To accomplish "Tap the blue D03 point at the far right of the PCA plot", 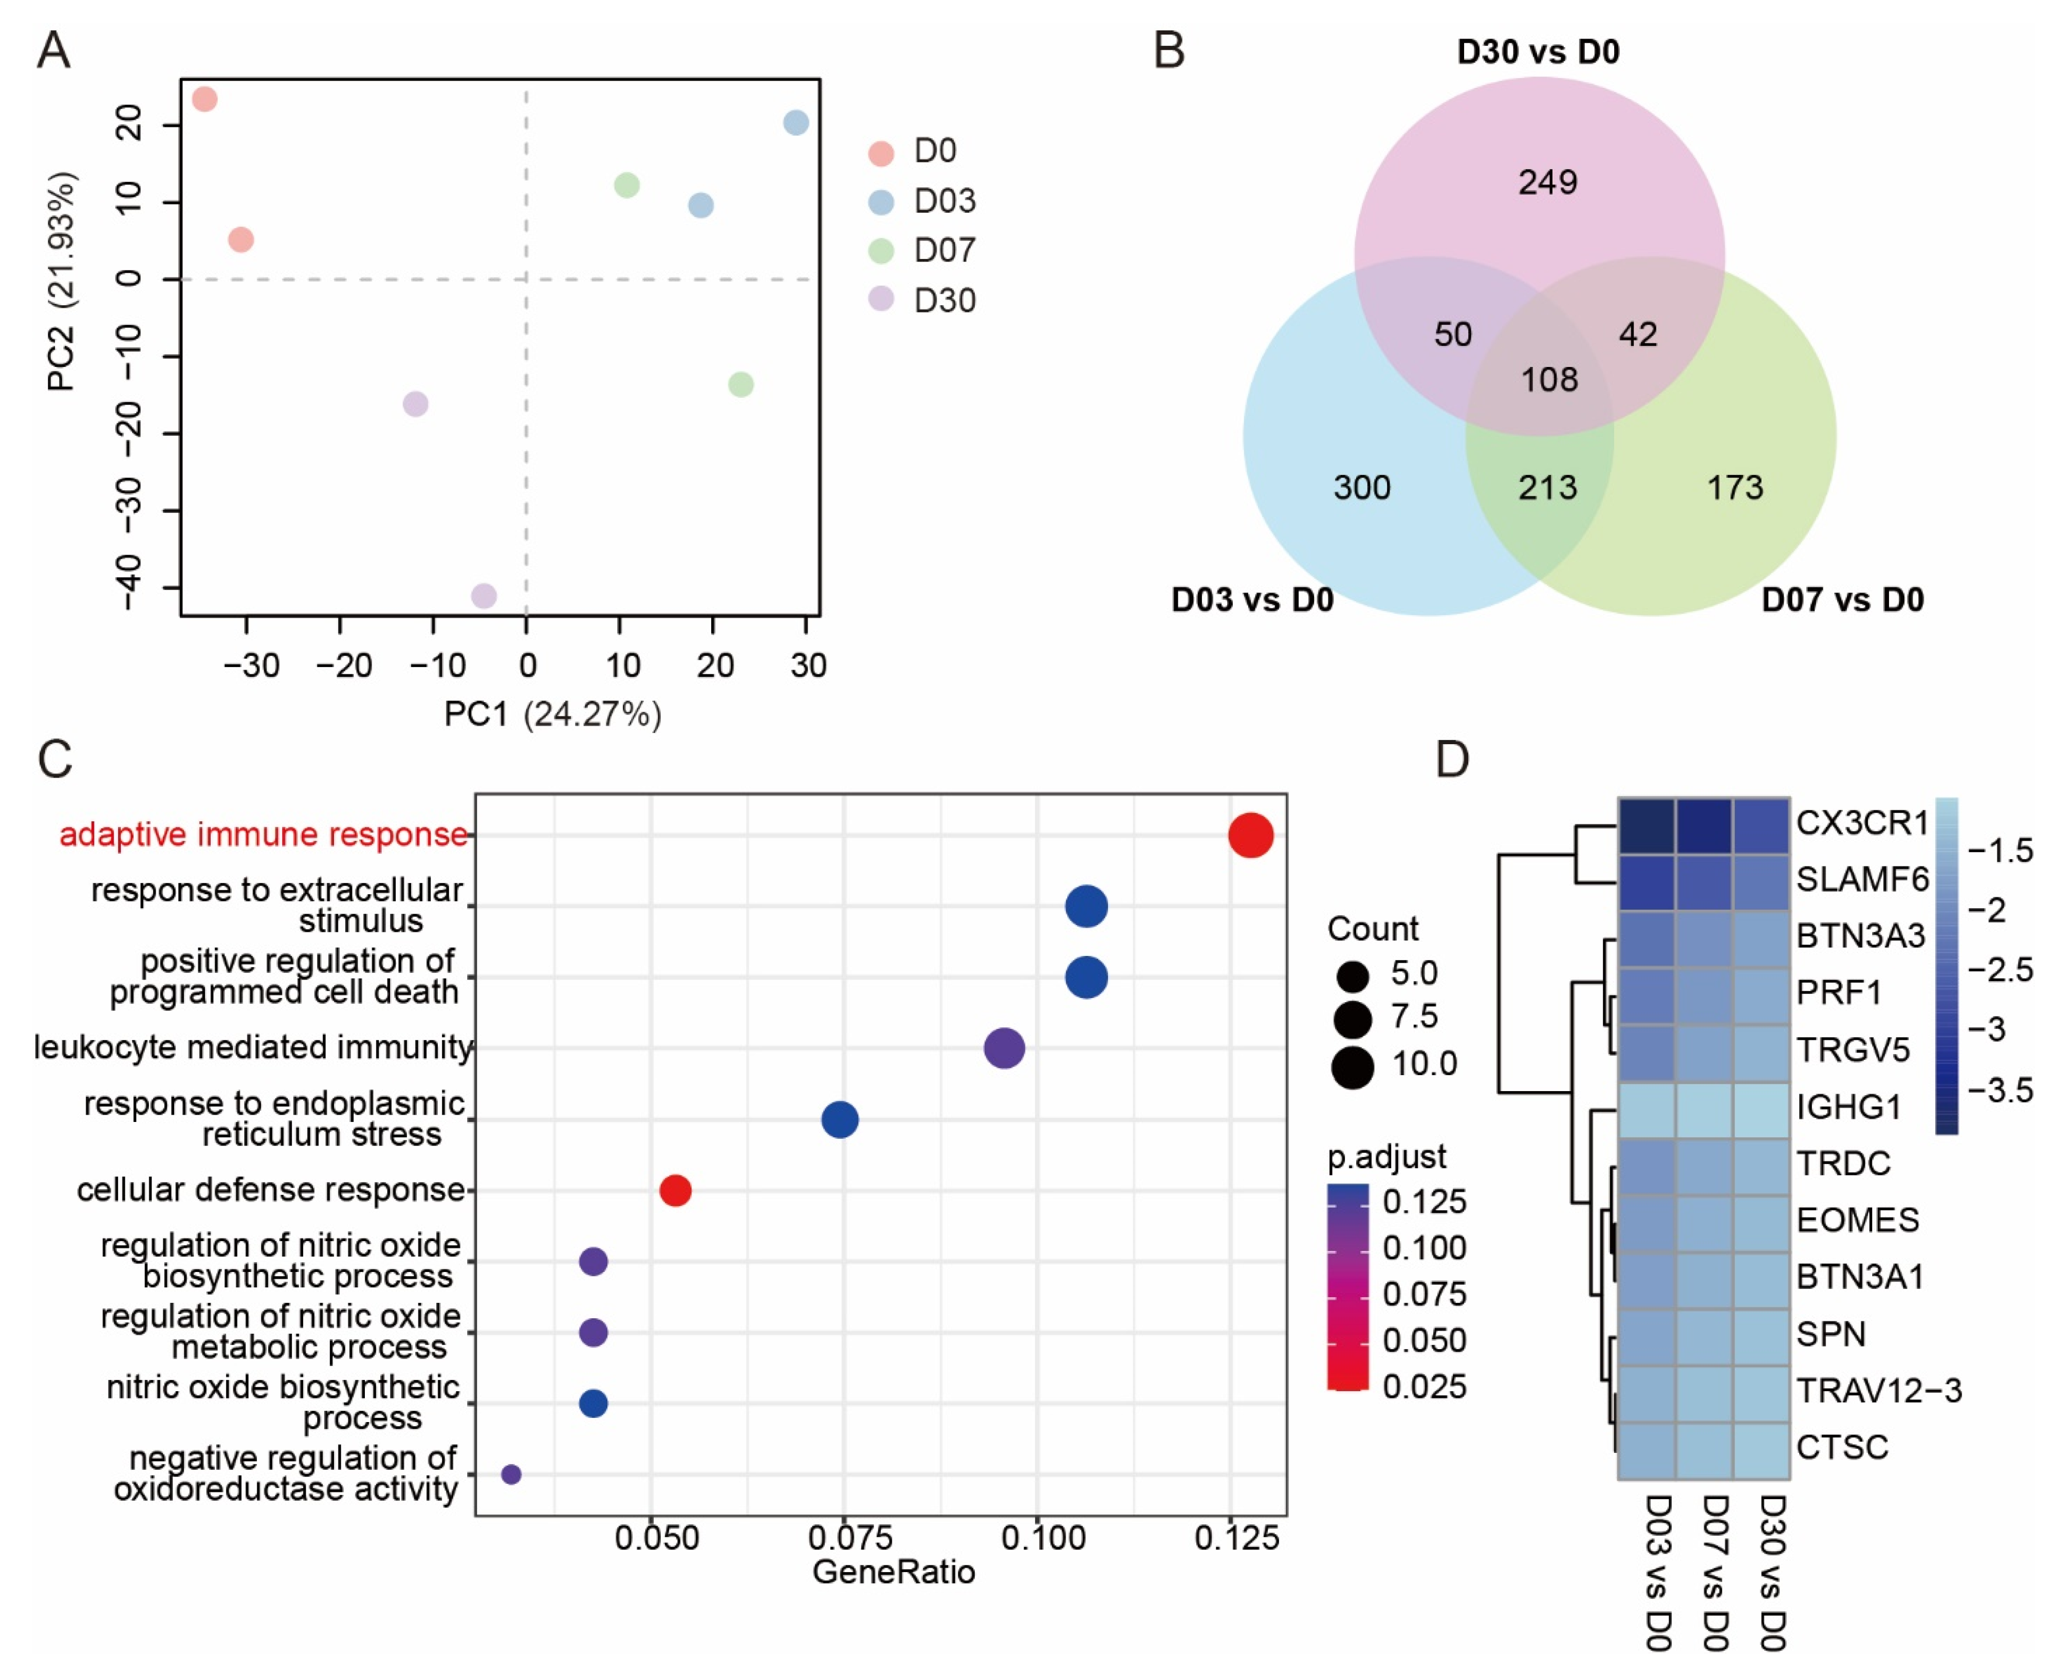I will (796, 123).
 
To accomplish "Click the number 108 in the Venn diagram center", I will (1549, 380).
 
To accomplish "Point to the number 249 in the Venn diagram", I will (1547, 182).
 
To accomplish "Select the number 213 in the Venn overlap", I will (1547, 487).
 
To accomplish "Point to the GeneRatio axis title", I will (893, 1573).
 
